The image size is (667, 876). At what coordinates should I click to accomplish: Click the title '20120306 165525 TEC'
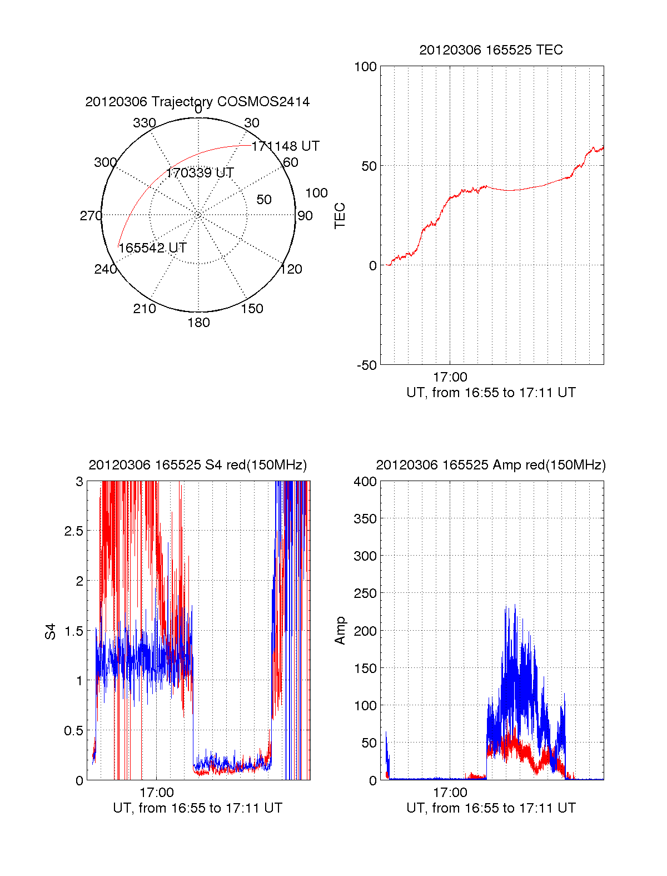point(491,50)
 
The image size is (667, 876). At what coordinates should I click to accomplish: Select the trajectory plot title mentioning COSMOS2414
point(197,102)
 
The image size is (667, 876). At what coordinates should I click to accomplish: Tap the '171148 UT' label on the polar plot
point(285,146)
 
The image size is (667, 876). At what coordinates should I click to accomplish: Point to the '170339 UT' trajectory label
point(200,173)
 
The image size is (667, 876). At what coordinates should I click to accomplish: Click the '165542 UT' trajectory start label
point(152,248)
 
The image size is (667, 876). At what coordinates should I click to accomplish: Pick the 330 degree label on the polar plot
point(145,123)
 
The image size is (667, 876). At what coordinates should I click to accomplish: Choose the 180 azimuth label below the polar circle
point(198,323)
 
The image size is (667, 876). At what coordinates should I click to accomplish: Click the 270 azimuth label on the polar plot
point(91,216)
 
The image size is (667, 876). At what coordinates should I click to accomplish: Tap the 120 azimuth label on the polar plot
point(291,269)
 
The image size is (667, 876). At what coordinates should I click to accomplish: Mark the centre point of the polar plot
point(198,215)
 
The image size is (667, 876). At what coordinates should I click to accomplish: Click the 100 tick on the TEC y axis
point(365,67)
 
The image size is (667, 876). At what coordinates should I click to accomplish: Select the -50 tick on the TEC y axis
point(367,365)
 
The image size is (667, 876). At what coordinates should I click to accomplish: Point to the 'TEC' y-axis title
point(340,215)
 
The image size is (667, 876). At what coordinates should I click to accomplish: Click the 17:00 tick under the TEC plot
point(450,377)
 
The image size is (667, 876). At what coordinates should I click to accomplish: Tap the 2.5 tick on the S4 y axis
point(73,531)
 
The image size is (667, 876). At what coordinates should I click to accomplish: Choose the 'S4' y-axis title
point(51,631)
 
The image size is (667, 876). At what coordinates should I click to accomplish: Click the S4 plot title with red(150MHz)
point(197,465)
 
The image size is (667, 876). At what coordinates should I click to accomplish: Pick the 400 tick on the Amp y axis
point(365,482)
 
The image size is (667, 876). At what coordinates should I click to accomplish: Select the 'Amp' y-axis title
point(340,630)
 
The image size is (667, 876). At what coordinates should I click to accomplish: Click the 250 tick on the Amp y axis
point(365,593)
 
